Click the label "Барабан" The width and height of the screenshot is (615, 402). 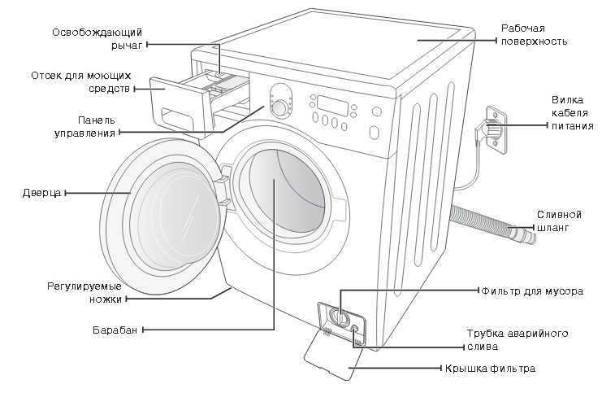pyautogui.click(x=115, y=330)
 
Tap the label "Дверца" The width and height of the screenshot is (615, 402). pyautogui.click(x=42, y=193)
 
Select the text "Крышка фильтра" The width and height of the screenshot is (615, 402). pyautogui.click(x=490, y=368)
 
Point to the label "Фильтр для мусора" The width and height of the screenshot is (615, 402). pyautogui.click(x=532, y=291)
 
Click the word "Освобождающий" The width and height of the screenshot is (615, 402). pyautogui.click(x=97, y=33)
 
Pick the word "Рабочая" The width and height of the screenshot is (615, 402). pyautogui.click(x=523, y=28)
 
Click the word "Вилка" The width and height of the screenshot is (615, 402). pyautogui.click(x=568, y=99)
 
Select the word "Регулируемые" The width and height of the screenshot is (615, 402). pyautogui.click(x=84, y=286)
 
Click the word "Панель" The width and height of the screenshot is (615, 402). pyautogui.click(x=97, y=120)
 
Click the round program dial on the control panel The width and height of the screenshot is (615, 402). pyautogui.click(x=279, y=107)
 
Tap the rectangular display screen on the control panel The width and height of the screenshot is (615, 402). pyautogui.click(x=332, y=105)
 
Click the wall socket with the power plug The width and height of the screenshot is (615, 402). pyautogui.click(x=496, y=129)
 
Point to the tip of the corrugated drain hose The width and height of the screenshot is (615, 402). pyautogui.click(x=533, y=238)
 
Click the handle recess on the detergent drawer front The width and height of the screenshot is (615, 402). pyautogui.click(x=177, y=118)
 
